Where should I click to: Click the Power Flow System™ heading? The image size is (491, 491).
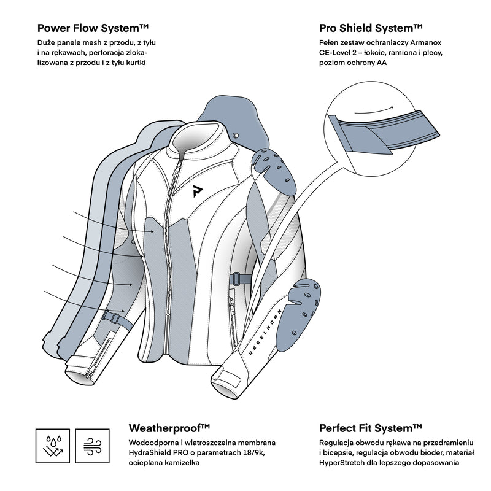(x=93, y=28)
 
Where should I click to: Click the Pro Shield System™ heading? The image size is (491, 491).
(x=371, y=28)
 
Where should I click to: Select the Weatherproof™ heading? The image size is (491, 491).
(x=170, y=428)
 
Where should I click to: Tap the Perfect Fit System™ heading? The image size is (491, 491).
(x=371, y=428)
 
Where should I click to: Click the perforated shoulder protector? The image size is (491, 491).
(x=276, y=166)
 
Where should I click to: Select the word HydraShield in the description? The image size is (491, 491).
(x=149, y=453)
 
